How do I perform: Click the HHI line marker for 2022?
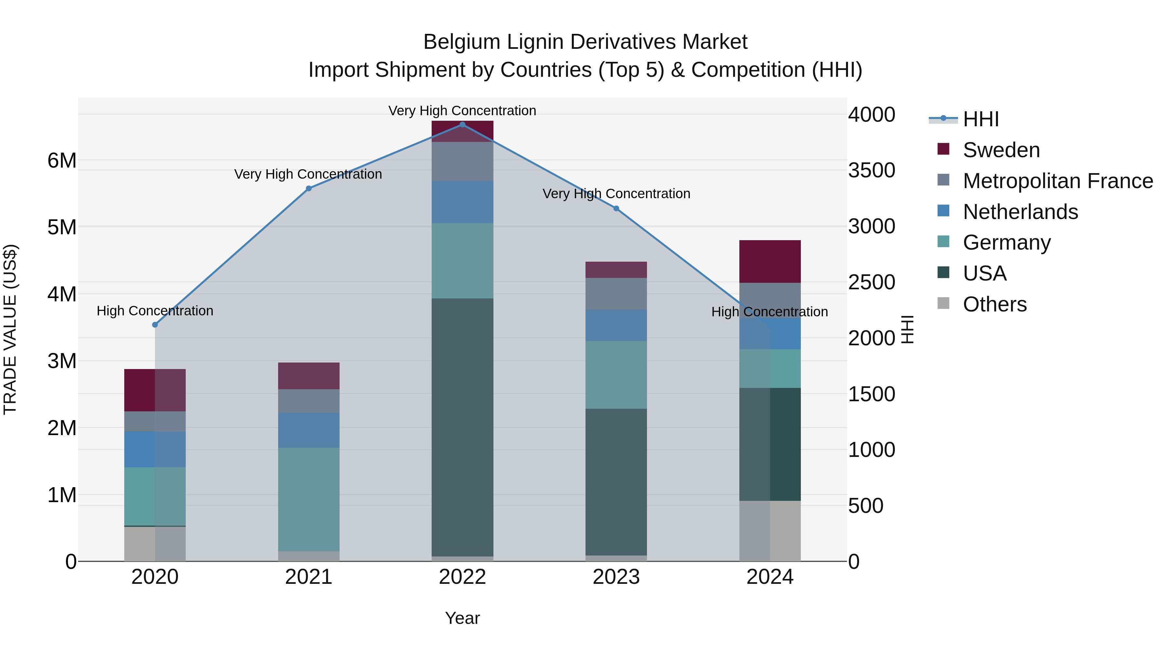coord(462,125)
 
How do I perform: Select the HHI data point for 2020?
coord(155,325)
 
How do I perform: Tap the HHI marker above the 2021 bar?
coord(309,189)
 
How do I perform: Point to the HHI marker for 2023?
coord(616,209)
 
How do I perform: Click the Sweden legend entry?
coord(1001,150)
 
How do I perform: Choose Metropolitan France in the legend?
coord(1057,181)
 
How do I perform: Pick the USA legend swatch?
coord(943,273)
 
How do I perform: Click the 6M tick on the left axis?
coord(62,160)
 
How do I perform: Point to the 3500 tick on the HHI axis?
coord(871,171)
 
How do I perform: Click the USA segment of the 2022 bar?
coord(462,428)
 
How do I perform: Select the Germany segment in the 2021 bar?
coord(309,499)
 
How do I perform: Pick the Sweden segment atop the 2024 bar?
coord(770,262)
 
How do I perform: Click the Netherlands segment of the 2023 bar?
coord(616,325)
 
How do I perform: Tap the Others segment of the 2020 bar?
coord(155,544)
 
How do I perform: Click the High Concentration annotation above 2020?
coord(155,311)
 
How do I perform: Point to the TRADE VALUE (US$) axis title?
coord(10,329)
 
